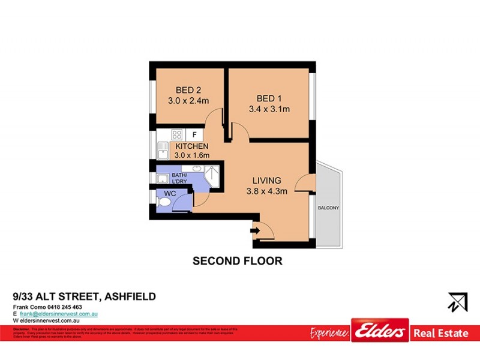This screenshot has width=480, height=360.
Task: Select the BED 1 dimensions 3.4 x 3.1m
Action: click(269, 109)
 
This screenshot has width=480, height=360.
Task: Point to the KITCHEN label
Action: click(192, 146)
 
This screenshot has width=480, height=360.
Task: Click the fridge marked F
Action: click(194, 134)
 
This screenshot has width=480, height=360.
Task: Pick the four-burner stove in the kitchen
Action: click(177, 134)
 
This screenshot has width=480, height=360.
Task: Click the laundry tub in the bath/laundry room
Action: click(162, 178)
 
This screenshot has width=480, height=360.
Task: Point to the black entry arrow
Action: click(254, 229)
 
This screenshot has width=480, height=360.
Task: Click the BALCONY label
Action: click(328, 208)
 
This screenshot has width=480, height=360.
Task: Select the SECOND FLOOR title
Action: click(237, 261)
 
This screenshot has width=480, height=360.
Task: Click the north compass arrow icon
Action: click(457, 302)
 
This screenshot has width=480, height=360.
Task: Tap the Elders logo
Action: click(380, 331)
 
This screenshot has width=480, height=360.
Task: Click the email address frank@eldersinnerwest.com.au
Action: click(59, 314)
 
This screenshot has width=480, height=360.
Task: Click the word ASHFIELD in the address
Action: click(130, 296)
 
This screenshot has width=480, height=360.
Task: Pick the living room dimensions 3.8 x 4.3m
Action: click(267, 192)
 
